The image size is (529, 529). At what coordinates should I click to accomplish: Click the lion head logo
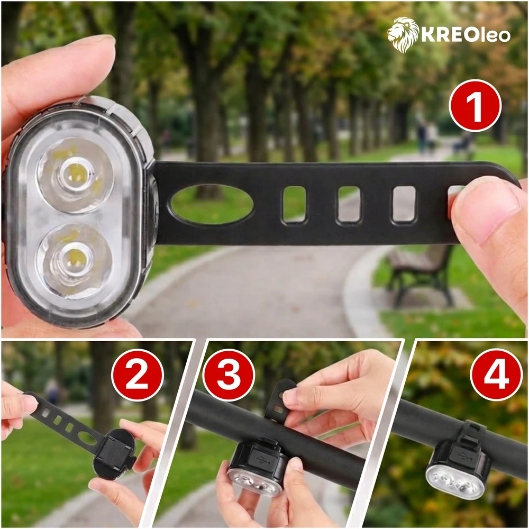(x=403, y=35)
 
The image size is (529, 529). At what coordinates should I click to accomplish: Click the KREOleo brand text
(x=466, y=35)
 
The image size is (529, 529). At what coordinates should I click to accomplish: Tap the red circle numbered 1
(x=475, y=106)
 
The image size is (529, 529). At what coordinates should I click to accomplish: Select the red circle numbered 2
(x=138, y=375)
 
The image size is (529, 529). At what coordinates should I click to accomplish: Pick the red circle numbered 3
(x=229, y=375)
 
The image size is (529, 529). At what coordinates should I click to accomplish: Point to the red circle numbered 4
(x=496, y=375)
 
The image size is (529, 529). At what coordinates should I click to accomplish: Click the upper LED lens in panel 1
(x=75, y=175)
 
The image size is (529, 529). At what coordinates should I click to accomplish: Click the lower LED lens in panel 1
(x=74, y=261)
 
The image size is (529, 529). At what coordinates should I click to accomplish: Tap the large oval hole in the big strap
(x=212, y=204)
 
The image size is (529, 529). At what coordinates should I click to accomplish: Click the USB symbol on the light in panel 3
(x=262, y=460)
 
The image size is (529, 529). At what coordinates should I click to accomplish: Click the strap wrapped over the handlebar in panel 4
(x=473, y=432)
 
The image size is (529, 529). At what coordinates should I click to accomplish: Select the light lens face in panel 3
(x=254, y=481)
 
